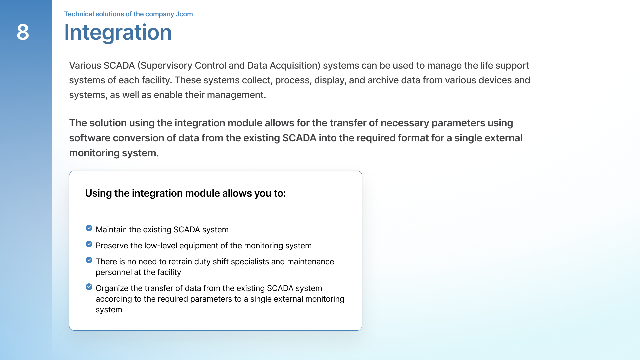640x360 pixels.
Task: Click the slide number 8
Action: (x=23, y=32)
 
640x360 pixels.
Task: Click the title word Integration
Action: (x=118, y=32)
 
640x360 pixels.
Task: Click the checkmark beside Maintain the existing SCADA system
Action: (x=89, y=228)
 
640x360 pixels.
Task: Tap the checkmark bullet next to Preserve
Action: (x=89, y=244)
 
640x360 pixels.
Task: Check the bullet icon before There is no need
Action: (x=89, y=260)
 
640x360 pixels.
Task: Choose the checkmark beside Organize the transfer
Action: (x=89, y=287)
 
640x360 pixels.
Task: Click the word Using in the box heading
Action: (x=98, y=193)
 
